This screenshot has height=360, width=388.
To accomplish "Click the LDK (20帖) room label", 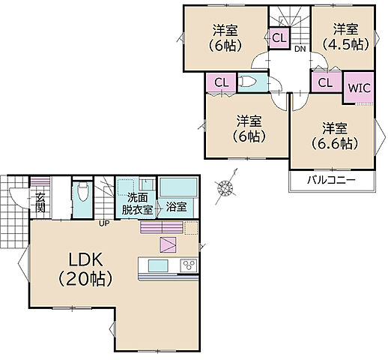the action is click(85, 269).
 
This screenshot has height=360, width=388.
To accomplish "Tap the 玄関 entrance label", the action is click(40, 202).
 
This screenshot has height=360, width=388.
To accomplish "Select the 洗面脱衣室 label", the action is click(137, 204).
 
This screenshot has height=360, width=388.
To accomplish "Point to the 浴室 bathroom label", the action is click(176, 207).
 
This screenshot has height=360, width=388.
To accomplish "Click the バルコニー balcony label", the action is click(331, 180).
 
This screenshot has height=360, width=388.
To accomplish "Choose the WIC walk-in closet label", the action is click(359, 88).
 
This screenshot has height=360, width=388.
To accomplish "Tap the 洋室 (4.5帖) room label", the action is click(345, 37).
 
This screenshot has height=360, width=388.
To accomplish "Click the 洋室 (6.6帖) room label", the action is click(335, 136).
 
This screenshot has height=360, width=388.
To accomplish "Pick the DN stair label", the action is click(300, 49).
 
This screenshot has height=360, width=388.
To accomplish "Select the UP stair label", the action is click(104, 223).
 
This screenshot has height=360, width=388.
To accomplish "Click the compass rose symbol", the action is click(225, 187).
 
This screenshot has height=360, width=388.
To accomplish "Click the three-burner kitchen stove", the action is click(189, 265).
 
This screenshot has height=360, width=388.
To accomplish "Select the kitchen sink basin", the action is click(158, 265).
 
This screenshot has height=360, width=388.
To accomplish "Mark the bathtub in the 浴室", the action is click(178, 187).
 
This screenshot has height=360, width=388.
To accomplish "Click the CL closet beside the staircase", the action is click(279, 38).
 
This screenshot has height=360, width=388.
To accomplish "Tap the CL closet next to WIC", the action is click(326, 82).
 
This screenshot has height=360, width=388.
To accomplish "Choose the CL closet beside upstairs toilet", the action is click(222, 82).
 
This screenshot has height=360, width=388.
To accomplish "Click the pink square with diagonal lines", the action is click(168, 244).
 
